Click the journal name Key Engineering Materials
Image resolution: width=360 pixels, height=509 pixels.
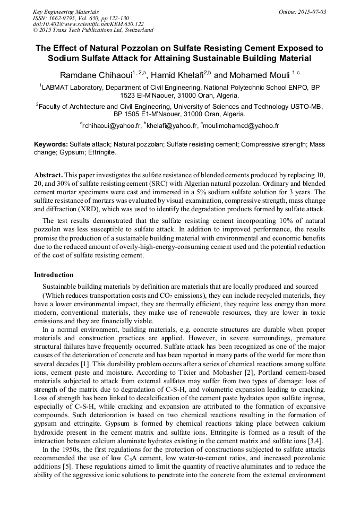click(66, 11)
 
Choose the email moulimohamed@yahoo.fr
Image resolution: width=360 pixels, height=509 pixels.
click(241, 126)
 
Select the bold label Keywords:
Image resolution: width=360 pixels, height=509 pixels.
click(51, 144)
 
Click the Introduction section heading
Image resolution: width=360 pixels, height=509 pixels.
click(54, 275)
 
